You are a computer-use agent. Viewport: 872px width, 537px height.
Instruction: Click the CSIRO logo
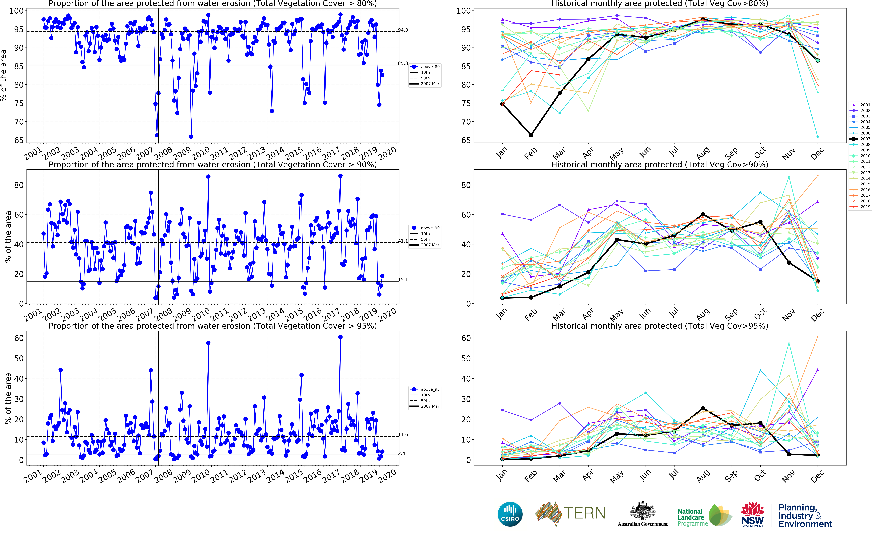(510, 514)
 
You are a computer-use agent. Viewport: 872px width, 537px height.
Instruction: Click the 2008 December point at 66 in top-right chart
(818, 136)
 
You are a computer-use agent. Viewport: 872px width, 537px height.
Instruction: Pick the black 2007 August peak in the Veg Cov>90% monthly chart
(703, 215)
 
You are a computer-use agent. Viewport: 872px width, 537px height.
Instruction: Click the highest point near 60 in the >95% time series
(340, 337)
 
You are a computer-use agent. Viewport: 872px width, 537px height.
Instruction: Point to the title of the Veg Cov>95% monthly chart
(660, 326)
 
